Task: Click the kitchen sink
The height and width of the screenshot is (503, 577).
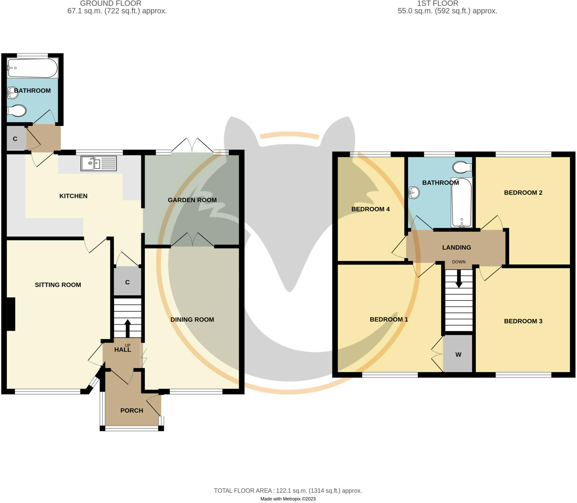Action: point(98,163)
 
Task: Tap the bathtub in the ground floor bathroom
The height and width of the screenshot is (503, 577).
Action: point(32,68)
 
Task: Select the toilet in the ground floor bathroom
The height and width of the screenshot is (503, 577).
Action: point(17,111)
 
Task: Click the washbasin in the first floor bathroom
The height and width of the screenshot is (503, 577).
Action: point(414,193)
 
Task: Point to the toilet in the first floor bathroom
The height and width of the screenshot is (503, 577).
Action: point(462,167)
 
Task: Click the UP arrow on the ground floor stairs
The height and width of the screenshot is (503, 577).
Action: point(128,327)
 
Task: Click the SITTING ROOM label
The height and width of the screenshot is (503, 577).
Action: point(58,285)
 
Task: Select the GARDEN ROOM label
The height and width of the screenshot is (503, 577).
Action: point(192,200)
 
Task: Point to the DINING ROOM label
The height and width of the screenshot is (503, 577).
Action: point(192,320)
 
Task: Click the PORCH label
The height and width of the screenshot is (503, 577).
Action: point(132,411)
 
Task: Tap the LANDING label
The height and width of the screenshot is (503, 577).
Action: point(456,247)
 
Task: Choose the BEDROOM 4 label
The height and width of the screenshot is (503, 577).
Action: point(370,209)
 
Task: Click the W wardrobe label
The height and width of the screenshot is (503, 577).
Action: point(458,355)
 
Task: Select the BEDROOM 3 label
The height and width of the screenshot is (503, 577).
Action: point(523,321)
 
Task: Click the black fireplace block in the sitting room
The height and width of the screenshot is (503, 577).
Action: point(11,314)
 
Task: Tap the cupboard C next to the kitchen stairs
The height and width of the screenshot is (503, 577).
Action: point(127,282)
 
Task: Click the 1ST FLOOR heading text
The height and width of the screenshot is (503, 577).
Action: point(437,4)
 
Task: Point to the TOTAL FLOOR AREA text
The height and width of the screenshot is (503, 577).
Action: point(288,491)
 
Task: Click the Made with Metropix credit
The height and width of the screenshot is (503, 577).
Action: point(288,499)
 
